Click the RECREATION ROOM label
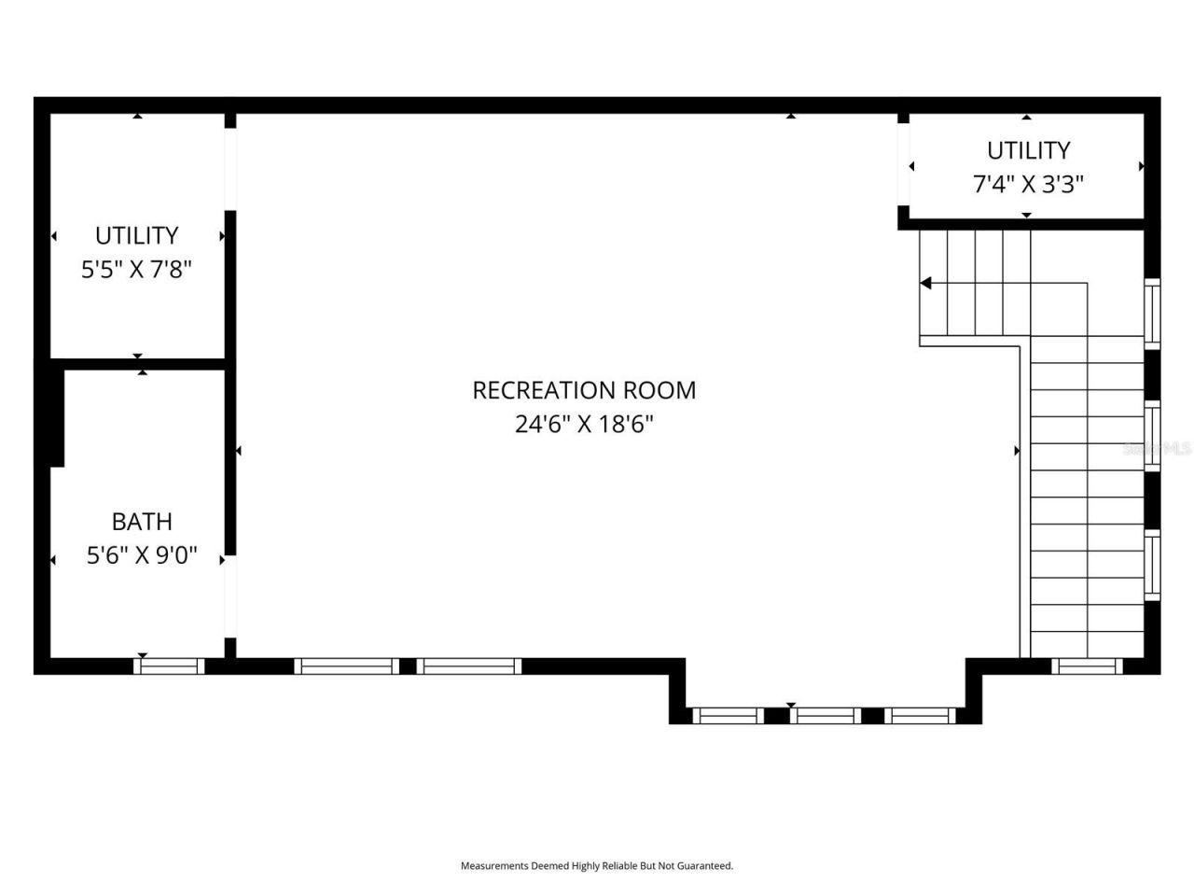tap(584, 390)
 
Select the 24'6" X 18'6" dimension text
tap(584, 425)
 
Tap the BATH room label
tap(142, 522)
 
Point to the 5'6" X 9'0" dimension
tap(142, 556)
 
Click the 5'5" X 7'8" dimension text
tap(136, 271)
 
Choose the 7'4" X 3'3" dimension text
tap(1028, 185)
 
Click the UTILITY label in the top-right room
tap(1028, 150)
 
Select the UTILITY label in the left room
tap(136, 235)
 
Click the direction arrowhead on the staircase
tap(925, 283)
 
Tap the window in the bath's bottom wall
tap(169, 665)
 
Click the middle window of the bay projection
tap(826, 716)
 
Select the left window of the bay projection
tap(728, 716)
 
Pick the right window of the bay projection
tap(920, 716)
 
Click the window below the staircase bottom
tap(1087, 665)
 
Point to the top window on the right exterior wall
tap(1153, 313)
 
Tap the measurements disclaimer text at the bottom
tap(597, 866)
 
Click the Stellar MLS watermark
tap(1157, 449)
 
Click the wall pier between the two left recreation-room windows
tap(408, 665)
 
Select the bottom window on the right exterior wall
tap(1153, 566)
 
